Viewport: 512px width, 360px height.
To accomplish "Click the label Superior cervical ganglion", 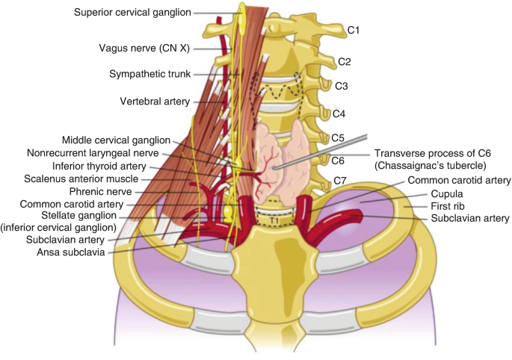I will point(132,12).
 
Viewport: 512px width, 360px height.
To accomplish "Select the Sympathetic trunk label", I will point(149,74).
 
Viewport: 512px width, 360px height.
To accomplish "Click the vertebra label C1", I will point(354,30).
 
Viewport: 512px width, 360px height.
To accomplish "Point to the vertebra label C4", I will point(339,114).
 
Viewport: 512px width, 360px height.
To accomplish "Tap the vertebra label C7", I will point(339,181).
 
